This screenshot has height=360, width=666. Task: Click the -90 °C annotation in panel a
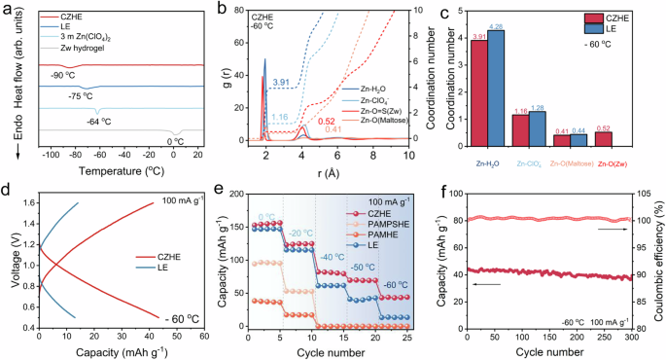tap(60, 74)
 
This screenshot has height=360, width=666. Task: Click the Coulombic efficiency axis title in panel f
tap(659, 270)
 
